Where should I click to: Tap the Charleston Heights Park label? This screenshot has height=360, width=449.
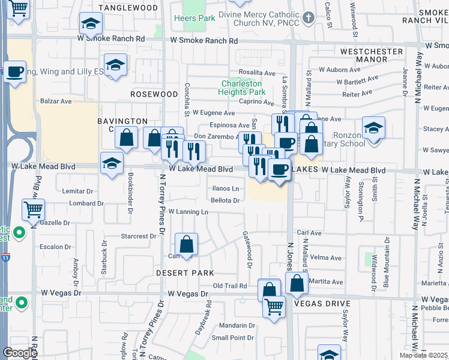click(x=243, y=88)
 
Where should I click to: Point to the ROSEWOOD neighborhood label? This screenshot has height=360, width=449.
click(x=155, y=94)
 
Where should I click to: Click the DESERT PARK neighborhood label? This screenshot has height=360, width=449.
click(x=185, y=272)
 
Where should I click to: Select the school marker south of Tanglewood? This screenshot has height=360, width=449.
click(x=91, y=25)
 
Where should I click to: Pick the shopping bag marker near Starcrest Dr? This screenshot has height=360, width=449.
click(x=187, y=245)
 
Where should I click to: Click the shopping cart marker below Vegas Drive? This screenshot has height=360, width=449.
click(x=274, y=307)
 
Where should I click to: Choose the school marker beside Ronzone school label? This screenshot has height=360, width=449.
click(x=373, y=128)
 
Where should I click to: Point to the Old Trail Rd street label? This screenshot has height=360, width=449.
click(x=230, y=286)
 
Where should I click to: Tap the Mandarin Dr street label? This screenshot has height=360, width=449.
click(x=233, y=325)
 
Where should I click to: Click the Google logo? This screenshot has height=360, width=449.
click(x=19, y=353)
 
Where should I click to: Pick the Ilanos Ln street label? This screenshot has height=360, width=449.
click(x=226, y=188)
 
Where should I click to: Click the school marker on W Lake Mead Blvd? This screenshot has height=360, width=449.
click(x=112, y=163)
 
